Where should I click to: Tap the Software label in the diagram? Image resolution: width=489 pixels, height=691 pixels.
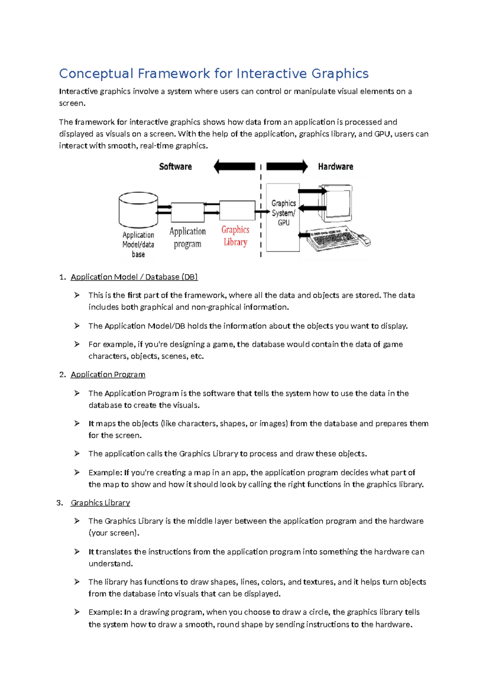(x=175, y=167)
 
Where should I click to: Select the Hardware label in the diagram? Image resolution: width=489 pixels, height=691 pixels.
(x=335, y=167)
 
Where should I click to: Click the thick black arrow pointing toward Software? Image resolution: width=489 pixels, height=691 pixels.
(x=234, y=166)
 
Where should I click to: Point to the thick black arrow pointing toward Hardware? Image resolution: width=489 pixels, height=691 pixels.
(x=287, y=166)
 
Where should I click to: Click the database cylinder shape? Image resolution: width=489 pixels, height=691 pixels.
(x=138, y=210)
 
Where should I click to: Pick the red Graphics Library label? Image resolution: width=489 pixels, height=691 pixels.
(x=235, y=236)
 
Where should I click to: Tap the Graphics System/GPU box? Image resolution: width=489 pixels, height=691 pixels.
(x=283, y=217)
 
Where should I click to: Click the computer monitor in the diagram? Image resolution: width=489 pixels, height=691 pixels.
(x=337, y=202)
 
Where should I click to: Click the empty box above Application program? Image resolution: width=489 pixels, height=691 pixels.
(x=187, y=212)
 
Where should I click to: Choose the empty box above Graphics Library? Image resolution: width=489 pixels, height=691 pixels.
(x=237, y=210)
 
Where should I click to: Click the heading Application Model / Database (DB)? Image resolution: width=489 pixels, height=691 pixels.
(x=134, y=277)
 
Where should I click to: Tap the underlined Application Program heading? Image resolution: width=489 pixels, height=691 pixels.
(x=108, y=374)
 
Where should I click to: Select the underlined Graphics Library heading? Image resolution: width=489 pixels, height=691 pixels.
(x=100, y=503)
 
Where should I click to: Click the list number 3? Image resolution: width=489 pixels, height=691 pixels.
(x=59, y=503)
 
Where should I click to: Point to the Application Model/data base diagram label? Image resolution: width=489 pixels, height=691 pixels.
(x=138, y=244)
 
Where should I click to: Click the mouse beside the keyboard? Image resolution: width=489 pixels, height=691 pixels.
(x=365, y=241)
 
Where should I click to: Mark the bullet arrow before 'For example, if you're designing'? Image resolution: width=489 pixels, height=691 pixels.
(x=77, y=344)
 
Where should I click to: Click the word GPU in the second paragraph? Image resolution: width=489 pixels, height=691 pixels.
(x=382, y=134)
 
